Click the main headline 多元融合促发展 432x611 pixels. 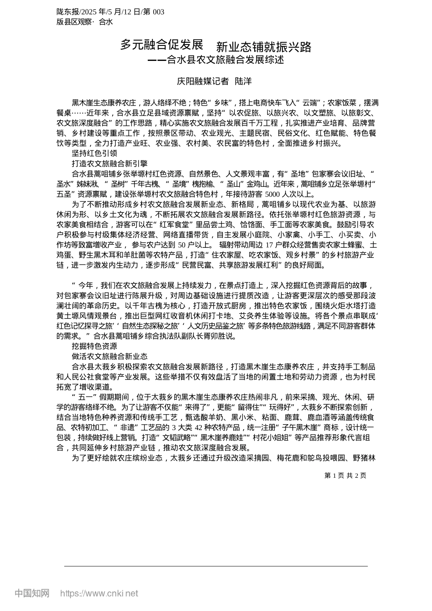coord(161,45)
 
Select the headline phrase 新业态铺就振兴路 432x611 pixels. coord(264,46)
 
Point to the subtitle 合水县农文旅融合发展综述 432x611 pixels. coord(225,60)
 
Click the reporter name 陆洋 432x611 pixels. coord(243,81)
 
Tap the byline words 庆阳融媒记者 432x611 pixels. coord(203,81)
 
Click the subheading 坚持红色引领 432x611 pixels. coord(95,154)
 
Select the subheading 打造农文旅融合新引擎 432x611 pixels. coord(110,163)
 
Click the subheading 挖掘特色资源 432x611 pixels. coord(95,346)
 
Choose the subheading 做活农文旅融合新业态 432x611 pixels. coord(110,356)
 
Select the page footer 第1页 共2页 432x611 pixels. coord(345,476)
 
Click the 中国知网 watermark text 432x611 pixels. coord(32,593)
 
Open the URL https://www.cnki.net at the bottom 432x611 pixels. coord(99,593)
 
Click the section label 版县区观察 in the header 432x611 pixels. coord(75,21)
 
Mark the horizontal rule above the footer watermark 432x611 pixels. coord(216,566)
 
